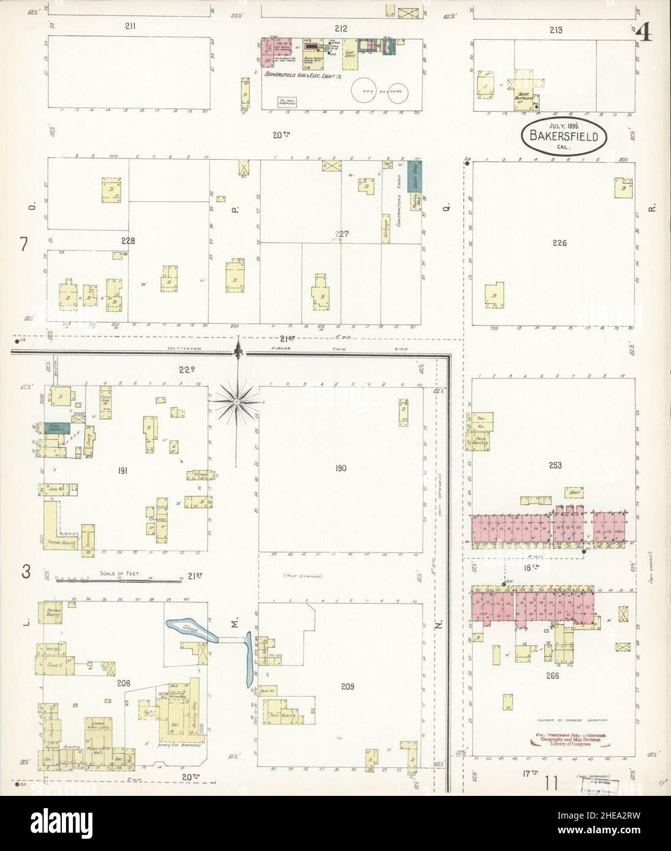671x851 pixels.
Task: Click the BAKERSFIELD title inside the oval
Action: tap(564, 135)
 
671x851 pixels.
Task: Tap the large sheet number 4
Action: tap(644, 32)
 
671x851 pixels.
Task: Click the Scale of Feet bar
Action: tap(119, 579)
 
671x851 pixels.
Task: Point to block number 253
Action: tap(555, 465)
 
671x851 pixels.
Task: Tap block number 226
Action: tap(558, 243)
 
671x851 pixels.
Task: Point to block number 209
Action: tap(348, 686)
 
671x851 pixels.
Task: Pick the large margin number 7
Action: tap(24, 244)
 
